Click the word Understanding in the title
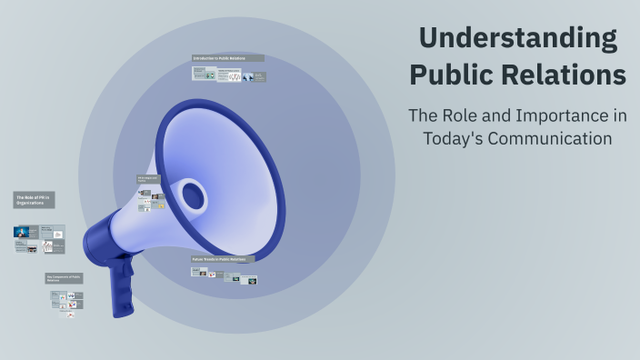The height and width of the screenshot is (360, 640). tap(518, 39)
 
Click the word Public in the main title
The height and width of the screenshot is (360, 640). tap(451, 75)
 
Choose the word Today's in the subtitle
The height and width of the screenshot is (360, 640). tap(455, 138)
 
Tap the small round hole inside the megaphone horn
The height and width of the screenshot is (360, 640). tap(192, 194)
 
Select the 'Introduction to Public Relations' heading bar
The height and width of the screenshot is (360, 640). tap(227, 58)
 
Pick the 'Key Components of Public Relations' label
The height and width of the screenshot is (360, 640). tap(64, 278)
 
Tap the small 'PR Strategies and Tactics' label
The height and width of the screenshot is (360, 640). tap(148, 180)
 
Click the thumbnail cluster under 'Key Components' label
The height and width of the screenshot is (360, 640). tap(66, 301)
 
